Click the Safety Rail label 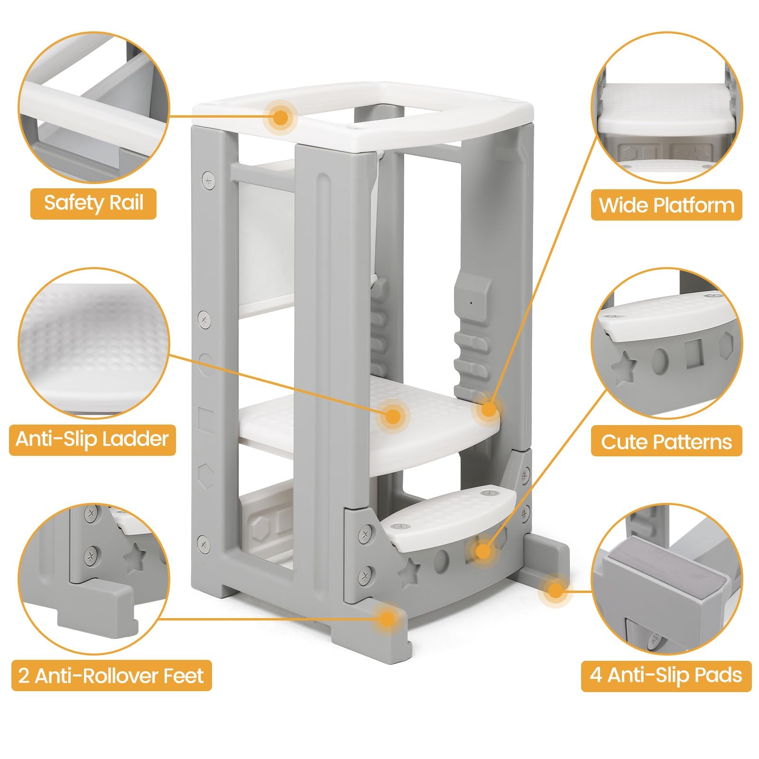[x=93, y=204]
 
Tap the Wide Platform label [x=666, y=205]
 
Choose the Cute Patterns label [x=666, y=441]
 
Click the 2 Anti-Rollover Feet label [x=111, y=676]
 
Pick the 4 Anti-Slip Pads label [x=666, y=676]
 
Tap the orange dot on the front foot [x=388, y=618]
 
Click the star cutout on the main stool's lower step [x=408, y=573]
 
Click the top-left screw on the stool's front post [x=208, y=180]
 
